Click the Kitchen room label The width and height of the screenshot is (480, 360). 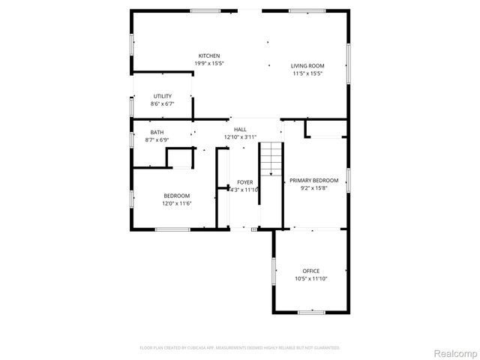(208, 56)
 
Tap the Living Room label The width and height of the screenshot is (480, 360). (307, 66)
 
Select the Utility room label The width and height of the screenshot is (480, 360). (163, 96)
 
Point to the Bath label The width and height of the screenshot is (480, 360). (156, 132)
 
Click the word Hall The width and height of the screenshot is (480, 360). (240, 130)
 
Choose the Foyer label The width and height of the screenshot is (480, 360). (245, 182)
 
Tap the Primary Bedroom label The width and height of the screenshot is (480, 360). (314, 181)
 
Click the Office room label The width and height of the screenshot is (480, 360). (310, 271)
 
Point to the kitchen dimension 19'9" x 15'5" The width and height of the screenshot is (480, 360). (208, 64)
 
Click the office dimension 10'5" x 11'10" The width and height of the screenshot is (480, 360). (310, 278)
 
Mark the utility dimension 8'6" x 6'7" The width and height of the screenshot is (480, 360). (163, 103)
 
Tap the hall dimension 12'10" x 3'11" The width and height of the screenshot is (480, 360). (240, 136)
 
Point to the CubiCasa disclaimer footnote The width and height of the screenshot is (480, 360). (240, 347)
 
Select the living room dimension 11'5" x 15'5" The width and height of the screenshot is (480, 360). (307, 73)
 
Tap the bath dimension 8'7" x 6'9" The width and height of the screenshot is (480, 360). (156, 139)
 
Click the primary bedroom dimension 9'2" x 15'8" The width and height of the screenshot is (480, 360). (314, 188)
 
